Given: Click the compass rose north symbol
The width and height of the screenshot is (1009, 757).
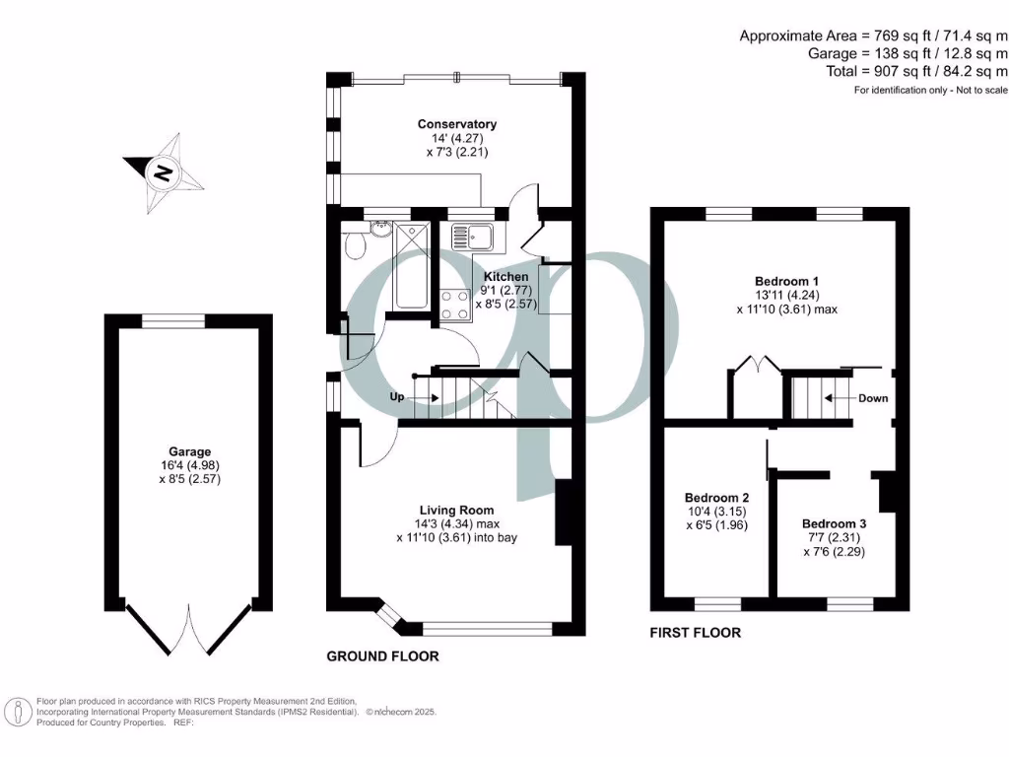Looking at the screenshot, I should click(x=164, y=173).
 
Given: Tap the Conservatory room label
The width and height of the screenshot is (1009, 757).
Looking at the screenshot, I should click(x=456, y=124).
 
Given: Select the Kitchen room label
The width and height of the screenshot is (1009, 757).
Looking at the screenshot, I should click(x=504, y=278).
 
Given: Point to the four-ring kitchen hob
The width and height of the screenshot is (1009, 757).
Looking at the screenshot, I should click(x=454, y=304).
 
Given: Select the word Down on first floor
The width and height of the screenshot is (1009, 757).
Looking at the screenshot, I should click(x=872, y=398).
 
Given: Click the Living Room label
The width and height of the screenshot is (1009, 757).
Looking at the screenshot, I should click(x=456, y=510).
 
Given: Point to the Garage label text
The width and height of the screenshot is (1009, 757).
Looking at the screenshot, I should click(x=188, y=452).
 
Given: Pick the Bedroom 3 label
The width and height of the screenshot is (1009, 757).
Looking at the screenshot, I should click(x=835, y=523).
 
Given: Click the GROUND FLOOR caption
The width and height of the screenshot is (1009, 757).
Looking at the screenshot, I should click(x=382, y=656).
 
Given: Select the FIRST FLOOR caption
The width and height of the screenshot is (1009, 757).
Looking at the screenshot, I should click(x=695, y=633).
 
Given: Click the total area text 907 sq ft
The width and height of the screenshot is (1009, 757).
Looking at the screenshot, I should click(x=908, y=71).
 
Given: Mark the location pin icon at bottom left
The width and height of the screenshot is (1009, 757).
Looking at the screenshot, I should click(x=18, y=712).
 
